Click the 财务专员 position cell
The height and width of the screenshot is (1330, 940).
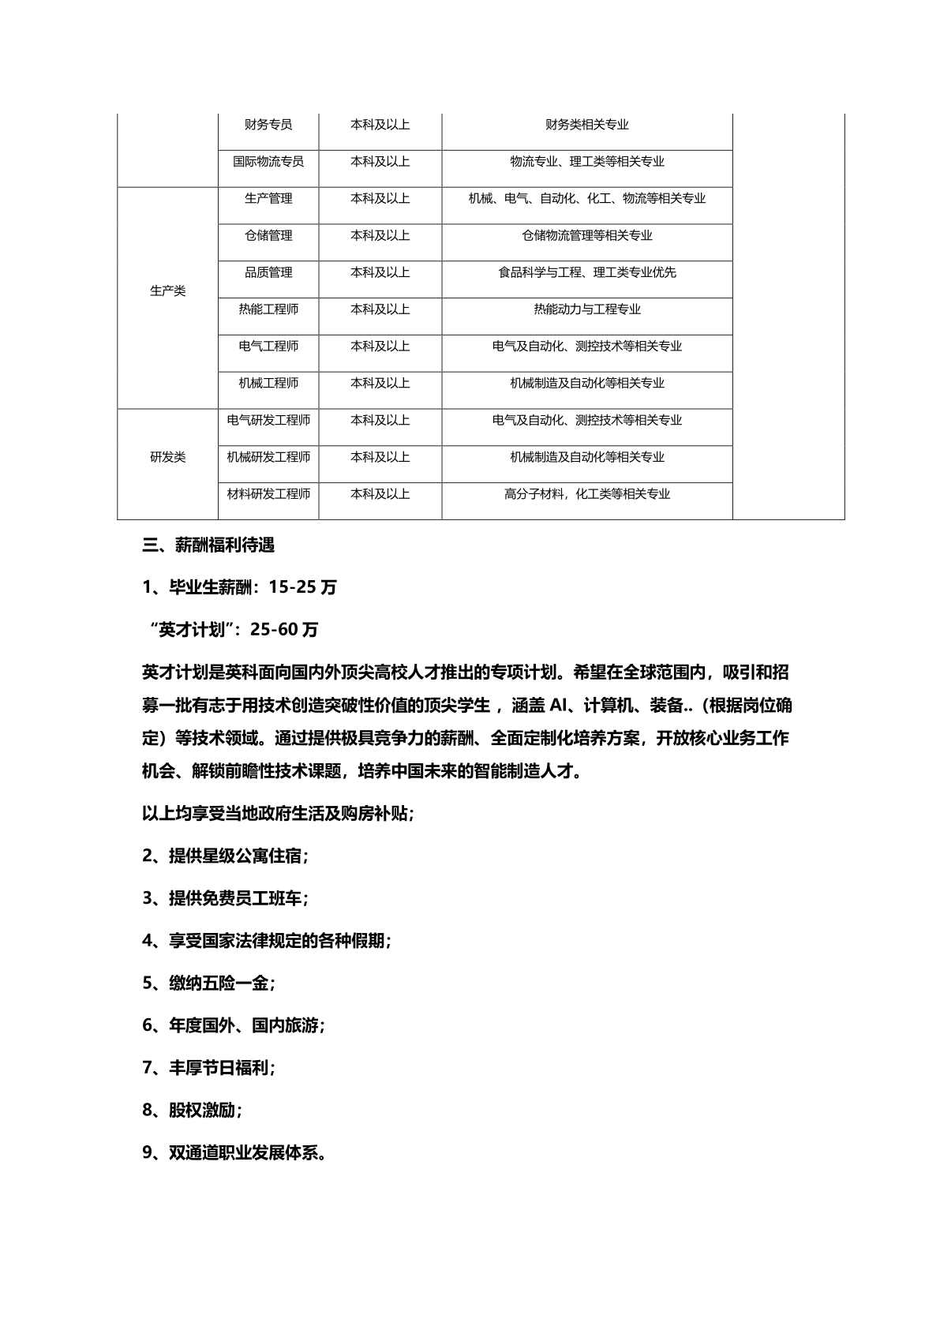pyautogui.click(x=268, y=125)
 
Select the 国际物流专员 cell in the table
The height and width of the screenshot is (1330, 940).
pyautogui.click(x=268, y=162)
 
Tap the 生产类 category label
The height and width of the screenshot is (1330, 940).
pyautogui.click(x=167, y=291)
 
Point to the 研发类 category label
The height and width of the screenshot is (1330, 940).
pyautogui.click(x=167, y=458)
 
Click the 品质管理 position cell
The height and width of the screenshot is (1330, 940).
pyautogui.click(x=268, y=272)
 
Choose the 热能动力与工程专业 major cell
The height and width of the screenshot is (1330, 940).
pyautogui.click(x=587, y=309)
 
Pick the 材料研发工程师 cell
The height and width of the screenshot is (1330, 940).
pyautogui.click(x=268, y=494)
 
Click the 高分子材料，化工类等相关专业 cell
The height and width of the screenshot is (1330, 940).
pyautogui.click(x=587, y=494)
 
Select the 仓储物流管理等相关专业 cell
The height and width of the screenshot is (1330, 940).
pyautogui.click(x=587, y=235)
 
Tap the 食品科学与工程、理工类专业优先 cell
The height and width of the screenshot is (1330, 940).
pyautogui.click(x=587, y=272)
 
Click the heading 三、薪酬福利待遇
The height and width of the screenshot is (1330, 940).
pyautogui.click(x=208, y=545)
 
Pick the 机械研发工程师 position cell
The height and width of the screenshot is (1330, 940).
pyautogui.click(x=268, y=457)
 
